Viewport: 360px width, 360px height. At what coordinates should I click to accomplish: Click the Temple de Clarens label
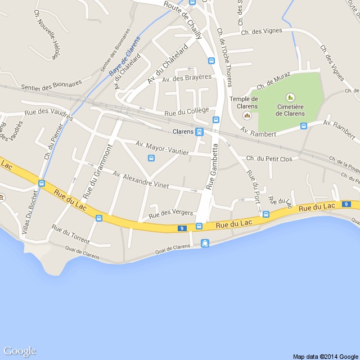(x=244, y=102)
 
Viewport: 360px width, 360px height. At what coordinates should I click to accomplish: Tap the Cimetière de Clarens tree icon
(x=290, y=97)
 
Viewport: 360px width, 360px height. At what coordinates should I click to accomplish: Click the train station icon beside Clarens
(x=199, y=132)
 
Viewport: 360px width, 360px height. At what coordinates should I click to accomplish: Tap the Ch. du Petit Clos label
(x=269, y=159)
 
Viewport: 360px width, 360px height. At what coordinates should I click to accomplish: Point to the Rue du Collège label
(x=186, y=112)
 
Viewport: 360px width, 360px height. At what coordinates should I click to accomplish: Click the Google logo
(x=20, y=352)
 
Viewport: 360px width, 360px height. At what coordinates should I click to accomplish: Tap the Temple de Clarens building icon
(x=246, y=115)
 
